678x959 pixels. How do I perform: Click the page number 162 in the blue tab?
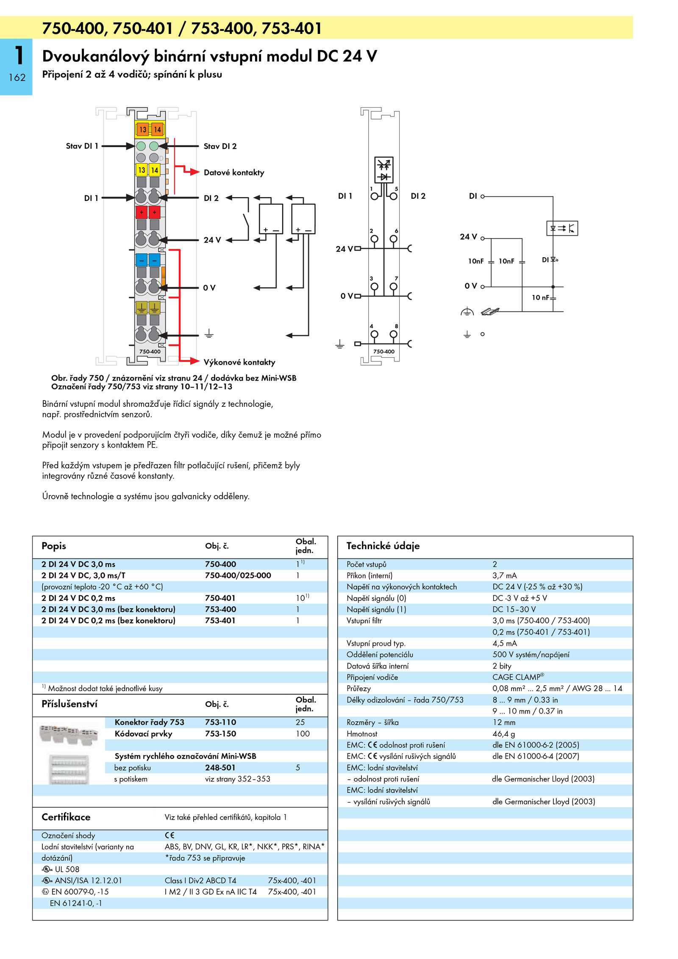click(x=17, y=78)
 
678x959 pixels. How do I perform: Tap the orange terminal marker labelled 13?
click(x=143, y=130)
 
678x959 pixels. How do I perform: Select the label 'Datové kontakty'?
click(x=234, y=172)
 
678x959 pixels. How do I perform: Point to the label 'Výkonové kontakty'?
click(x=239, y=362)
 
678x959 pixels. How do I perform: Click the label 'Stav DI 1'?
click(x=82, y=146)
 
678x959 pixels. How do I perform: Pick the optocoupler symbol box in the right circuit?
click(x=562, y=228)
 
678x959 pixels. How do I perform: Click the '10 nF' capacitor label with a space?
click(x=541, y=297)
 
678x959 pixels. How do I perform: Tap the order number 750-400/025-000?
click(x=238, y=575)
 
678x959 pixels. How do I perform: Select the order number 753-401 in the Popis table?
click(x=220, y=620)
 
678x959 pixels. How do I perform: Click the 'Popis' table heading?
click(x=54, y=546)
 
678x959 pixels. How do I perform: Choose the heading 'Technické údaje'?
click(x=383, y=546)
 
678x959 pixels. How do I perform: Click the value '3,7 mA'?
click(x=505, y=575)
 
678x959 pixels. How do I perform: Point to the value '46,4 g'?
click(x=504, y=734)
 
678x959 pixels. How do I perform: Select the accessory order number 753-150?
click(x=220, y=734)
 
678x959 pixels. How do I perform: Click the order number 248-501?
click(x=220, y=767)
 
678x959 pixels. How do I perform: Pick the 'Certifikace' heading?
click(x=66, y=817)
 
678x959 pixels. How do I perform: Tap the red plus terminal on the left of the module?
click(x=142, y=212)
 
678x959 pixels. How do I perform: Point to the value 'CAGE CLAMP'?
click(x=518, y=677)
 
